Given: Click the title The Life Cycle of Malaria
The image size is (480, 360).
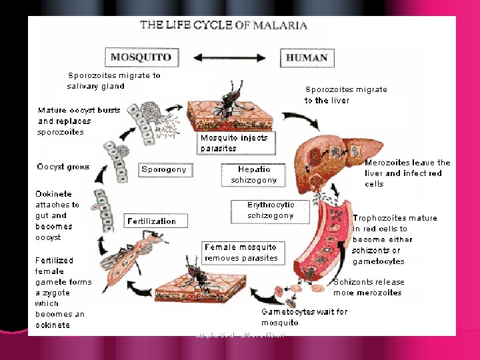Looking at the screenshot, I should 223,26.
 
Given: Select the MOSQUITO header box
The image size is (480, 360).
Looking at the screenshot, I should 140,57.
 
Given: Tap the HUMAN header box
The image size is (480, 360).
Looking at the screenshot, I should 306,57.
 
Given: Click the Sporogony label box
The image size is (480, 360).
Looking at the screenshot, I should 164,169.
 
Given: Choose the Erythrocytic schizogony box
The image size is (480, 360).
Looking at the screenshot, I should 270,210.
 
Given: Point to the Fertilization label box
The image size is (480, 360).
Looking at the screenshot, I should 152,221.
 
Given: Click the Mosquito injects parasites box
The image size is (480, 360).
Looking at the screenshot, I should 234,143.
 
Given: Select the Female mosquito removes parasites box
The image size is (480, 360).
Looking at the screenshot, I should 241,253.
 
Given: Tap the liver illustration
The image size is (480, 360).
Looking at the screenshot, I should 332,160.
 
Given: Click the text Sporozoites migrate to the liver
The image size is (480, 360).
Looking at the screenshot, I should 346,95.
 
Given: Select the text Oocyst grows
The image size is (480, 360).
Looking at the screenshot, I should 63,167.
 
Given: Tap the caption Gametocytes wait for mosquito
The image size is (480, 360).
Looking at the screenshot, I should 304,317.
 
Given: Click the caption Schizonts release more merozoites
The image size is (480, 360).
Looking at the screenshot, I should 369,287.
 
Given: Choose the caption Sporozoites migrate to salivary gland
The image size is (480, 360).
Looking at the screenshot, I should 114,81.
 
